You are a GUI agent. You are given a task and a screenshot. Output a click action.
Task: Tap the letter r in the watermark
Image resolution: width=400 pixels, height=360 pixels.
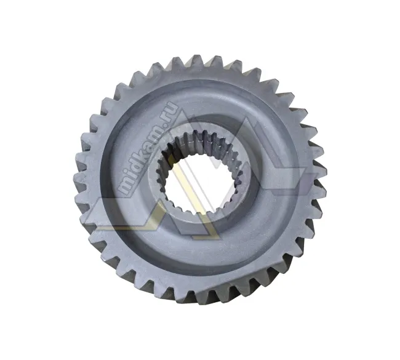169,114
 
